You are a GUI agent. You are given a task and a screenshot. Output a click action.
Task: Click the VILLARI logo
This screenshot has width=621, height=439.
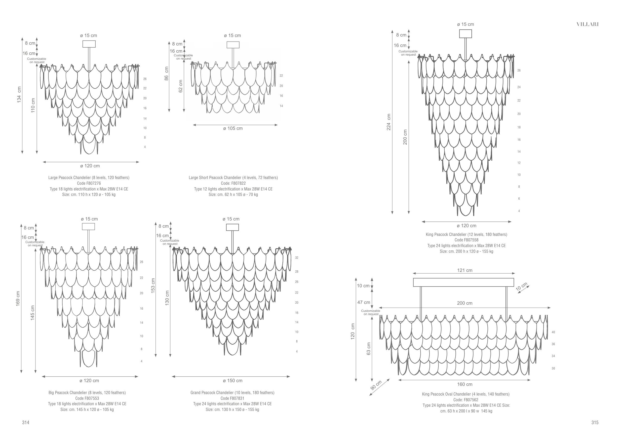click(587, 24)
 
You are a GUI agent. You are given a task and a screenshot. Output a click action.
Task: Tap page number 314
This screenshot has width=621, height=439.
click(25, 423)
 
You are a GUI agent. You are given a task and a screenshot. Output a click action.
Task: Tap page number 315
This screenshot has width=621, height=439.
click(595, 423)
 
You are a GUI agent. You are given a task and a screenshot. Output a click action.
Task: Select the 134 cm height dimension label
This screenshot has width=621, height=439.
click(19, 94)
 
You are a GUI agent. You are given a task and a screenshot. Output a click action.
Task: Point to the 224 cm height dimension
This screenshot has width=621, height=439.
click(389, 122)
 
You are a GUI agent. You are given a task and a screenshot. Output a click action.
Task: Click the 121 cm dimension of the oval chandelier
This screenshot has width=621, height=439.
click(465, 270)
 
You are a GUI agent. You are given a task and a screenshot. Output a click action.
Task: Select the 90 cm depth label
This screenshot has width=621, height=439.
click(376, 385)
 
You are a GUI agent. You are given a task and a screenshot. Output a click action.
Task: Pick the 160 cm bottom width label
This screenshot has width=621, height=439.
click(465, 384)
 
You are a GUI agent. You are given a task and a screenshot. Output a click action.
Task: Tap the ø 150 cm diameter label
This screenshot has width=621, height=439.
click(233, 381)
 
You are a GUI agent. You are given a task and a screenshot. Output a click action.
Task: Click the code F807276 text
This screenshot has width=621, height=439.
click(89, 183)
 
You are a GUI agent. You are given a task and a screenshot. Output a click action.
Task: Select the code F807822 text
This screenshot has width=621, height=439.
click(233, 183)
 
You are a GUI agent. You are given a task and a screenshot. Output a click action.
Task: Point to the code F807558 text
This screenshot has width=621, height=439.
click(466, 240)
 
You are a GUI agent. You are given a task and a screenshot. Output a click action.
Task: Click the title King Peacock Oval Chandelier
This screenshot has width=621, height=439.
click(466, 394)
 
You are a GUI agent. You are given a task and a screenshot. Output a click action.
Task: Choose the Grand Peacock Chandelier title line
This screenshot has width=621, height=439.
click(232, 393)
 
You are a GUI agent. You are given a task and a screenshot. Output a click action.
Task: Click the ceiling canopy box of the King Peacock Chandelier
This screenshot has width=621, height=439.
click(466, 34)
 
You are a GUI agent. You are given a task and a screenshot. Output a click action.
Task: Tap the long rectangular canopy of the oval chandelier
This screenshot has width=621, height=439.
click(463, 282)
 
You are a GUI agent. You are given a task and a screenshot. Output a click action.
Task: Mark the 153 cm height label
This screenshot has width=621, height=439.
click(153, 286)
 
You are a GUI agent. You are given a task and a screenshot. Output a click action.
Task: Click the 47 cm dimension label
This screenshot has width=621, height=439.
click(363, 302)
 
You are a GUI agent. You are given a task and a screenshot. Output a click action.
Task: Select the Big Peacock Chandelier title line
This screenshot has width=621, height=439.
click(87, 393)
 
